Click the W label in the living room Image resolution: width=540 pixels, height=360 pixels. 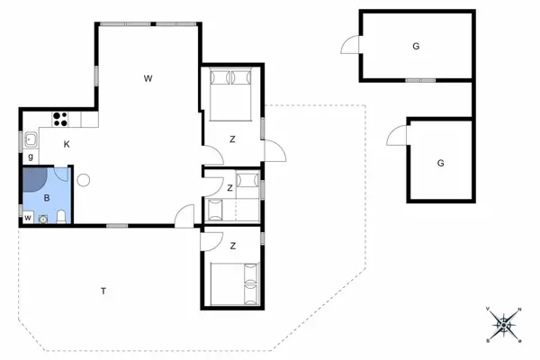click(x=148, y=79)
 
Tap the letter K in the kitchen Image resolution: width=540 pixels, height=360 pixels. click(x=67, y=143)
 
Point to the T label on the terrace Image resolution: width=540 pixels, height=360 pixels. click(x=103, y=290)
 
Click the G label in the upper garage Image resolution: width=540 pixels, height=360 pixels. click(x=416, y=45)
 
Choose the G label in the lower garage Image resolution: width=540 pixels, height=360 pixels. click(x=440, y=163)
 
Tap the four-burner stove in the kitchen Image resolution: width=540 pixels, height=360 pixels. click(x=62, y=117)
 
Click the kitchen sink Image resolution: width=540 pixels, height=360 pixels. click(x=31, y=139)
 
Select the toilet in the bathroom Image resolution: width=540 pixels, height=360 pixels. click(x=59, y=216)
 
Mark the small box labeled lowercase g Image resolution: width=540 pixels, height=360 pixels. click(x=30, y=157)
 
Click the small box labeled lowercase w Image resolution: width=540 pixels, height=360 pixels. click(x=28, y=217)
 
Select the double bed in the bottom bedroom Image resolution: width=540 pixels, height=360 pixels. click(x=233, y=283)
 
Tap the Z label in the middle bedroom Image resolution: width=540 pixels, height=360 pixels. click(x=230, y=188)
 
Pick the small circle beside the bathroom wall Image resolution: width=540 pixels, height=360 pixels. click(x=83, y=179)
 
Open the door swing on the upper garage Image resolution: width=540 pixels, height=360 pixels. click(x=351, y=46)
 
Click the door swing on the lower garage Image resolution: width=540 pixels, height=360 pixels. click(x=397, y=137)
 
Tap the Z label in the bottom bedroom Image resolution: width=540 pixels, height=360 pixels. click(x=232, y=245)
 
